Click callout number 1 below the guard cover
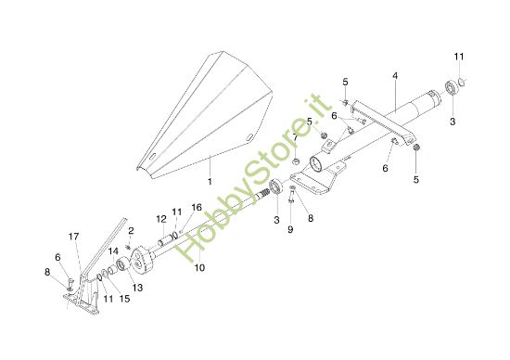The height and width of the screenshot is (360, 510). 210,181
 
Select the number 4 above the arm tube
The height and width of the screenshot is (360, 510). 395,74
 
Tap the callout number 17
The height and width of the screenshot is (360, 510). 73,236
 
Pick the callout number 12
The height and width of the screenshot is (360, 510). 159,218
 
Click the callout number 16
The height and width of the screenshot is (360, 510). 196,207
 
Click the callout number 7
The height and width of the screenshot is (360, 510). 295,137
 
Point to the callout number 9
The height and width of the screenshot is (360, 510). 289,228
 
